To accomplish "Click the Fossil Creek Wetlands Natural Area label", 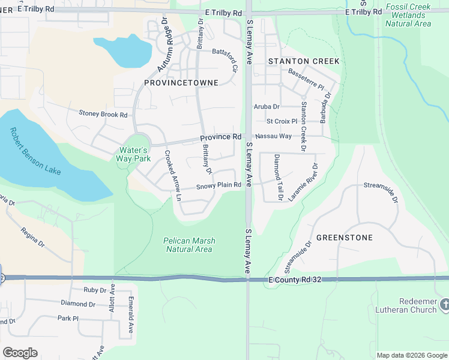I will [408, 15].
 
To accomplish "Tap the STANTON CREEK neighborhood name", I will [304, 61].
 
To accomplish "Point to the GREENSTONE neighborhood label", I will [345, 238].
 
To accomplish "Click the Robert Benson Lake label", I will [35, 151].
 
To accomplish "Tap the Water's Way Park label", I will [133, 154].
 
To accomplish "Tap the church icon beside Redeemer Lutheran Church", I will [444, 305].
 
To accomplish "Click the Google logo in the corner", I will [20, 352].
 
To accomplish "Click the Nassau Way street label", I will [275, 136].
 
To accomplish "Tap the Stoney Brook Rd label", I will [103, 113].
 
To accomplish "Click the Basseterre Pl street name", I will [306, 79].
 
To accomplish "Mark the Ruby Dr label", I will [95, 290].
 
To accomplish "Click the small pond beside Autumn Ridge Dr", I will [123, 50].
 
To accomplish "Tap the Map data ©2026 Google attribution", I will [411, 355].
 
